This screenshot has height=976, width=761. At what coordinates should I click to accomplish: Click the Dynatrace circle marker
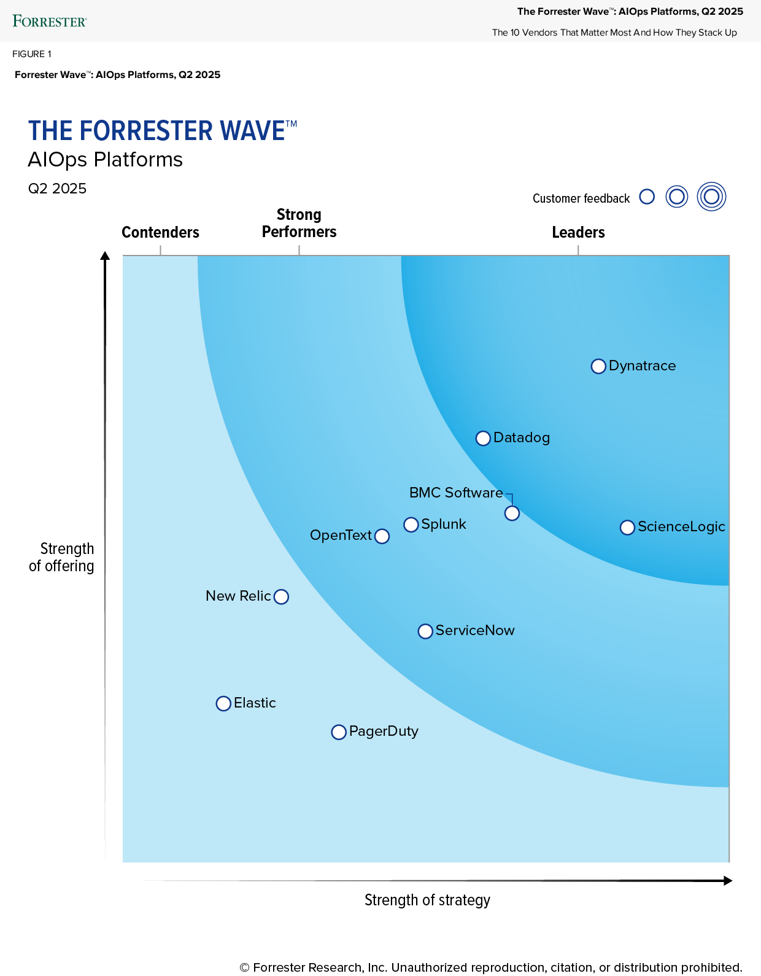(598, 367)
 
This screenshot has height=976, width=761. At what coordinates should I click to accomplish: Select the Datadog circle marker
(483, 439)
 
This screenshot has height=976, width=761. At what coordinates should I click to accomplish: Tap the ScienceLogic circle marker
(627, 528)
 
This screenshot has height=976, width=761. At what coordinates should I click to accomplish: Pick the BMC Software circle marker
(512, 513)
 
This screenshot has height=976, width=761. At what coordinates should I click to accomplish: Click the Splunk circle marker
(411, 525)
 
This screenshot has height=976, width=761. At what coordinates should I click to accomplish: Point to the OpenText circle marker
(382, 536)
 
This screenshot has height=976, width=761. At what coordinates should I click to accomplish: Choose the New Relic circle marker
(281, 597)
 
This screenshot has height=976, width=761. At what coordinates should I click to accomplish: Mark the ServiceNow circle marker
(425, 631)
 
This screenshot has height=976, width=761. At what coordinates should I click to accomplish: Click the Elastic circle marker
(223, 704)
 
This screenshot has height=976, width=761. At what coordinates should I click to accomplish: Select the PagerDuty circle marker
(339, 732)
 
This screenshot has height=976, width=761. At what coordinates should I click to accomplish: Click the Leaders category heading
(578, 232)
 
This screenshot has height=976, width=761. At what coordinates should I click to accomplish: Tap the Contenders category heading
(160, 232)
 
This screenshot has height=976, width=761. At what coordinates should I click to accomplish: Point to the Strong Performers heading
(299, 223)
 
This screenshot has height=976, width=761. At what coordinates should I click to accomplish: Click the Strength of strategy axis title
(427, 900)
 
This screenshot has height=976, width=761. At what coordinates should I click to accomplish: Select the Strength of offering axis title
(62, 557)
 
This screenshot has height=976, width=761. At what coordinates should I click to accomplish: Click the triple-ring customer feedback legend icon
(711, 197)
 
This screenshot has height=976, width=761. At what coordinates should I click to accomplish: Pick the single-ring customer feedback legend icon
(647, 197)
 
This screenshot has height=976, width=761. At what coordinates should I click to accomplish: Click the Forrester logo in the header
(50, 21)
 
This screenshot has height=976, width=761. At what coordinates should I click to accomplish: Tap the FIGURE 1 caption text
(32, 54)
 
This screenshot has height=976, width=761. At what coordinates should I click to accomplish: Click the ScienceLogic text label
(681, 526)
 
